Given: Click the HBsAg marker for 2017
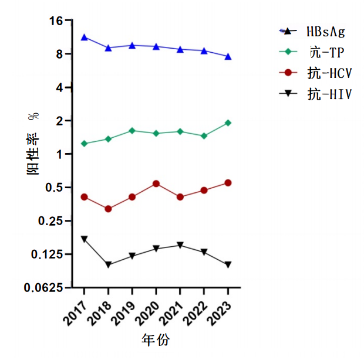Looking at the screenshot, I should [85, 38].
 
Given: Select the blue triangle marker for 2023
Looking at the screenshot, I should [228, 56].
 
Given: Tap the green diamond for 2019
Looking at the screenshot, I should [132, 131].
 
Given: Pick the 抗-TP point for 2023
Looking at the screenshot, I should [228, 123].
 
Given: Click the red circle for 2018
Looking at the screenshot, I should [108, 209].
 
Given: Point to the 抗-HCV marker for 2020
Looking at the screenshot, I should [156, 184].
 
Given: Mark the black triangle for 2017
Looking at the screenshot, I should [85, 239].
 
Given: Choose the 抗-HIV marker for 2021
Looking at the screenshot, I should [180, 245].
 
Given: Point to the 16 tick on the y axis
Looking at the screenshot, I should [56, 21].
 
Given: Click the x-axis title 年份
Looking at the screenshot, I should [156, 339].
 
